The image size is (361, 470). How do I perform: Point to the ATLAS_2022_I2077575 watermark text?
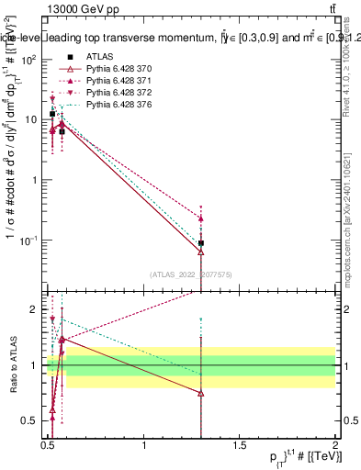click(197, 274)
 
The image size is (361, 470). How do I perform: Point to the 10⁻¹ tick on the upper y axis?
click(30, 241)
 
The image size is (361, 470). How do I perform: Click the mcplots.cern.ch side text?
click(353, 248)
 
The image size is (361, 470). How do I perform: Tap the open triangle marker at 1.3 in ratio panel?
click(200, 393)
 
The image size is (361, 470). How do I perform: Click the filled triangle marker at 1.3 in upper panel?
click(200, 218)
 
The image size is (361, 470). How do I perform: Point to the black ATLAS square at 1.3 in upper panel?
click(200, 243)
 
